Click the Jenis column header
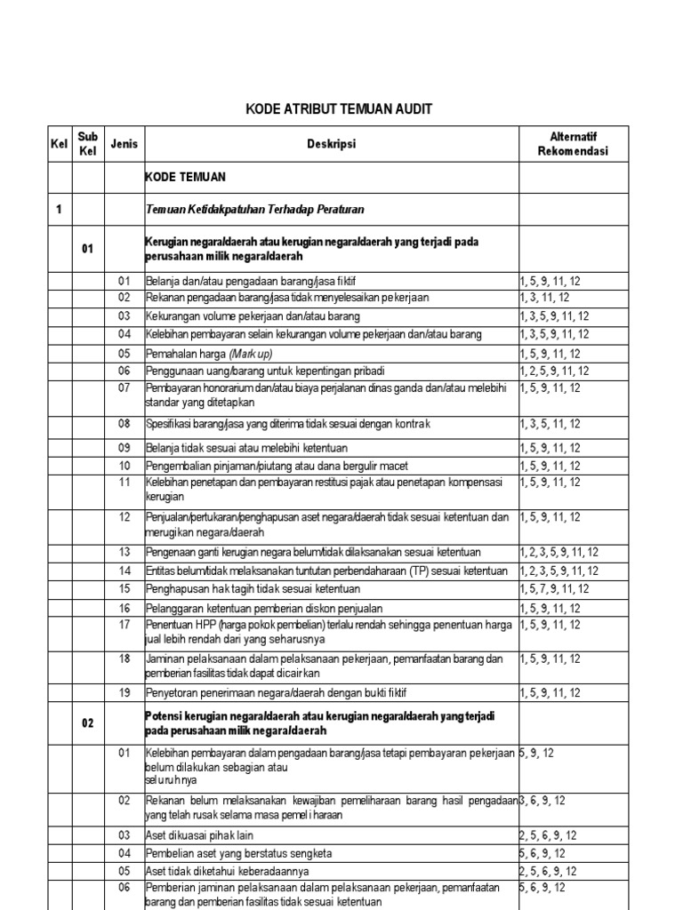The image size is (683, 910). click(124, 144)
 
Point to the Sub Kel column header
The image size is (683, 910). click(87, 144)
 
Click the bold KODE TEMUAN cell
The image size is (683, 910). click(185, 178)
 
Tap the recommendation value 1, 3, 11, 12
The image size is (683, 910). click(545, 298)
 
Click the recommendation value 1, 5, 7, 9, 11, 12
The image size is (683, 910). click(555, 588)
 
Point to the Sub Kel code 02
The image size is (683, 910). click(87, 723)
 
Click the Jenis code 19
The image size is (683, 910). click(125, 692)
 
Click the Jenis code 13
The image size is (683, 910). click(125, 551)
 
